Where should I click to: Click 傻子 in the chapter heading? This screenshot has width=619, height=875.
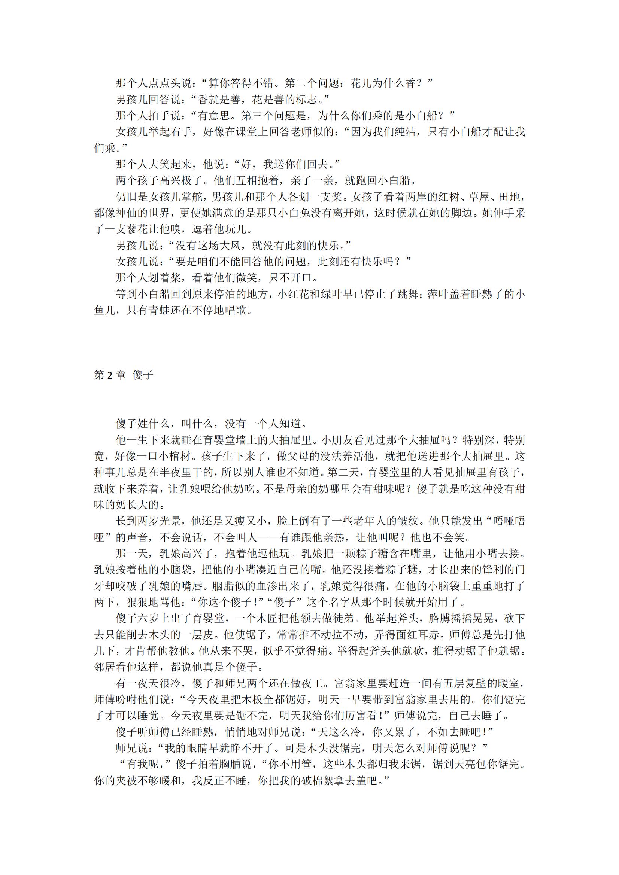point(143,375)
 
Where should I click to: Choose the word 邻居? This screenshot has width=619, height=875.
point(105,667)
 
